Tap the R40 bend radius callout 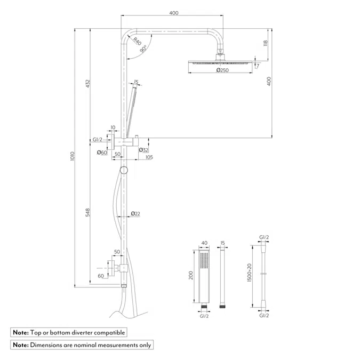[137, 41]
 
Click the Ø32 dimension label [143, 150]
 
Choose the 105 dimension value [149, 157]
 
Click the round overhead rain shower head [219, 63]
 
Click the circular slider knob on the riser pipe [124, 171]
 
